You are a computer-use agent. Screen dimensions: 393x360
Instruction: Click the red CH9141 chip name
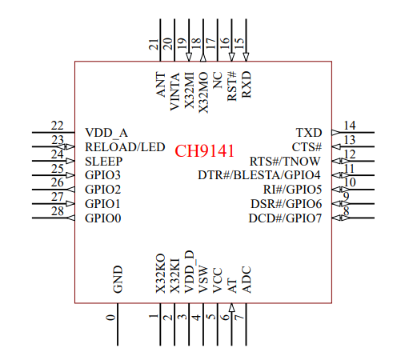[204, 150]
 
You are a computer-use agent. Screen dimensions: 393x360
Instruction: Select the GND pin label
[118, 279]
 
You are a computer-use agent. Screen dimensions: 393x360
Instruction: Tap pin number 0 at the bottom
[110, 318]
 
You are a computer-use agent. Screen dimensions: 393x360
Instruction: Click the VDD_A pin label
[106, 133]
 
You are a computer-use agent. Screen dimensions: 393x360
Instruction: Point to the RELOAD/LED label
[125, 147]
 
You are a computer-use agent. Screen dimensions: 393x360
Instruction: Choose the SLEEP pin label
[103, 162]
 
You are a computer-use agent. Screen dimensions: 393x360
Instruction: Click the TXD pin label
[309, 133]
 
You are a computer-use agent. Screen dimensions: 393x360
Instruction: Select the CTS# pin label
[307, 147]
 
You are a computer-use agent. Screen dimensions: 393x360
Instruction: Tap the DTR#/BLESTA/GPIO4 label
[259, 175]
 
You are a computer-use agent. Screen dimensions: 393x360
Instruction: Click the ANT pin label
[161, 84]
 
